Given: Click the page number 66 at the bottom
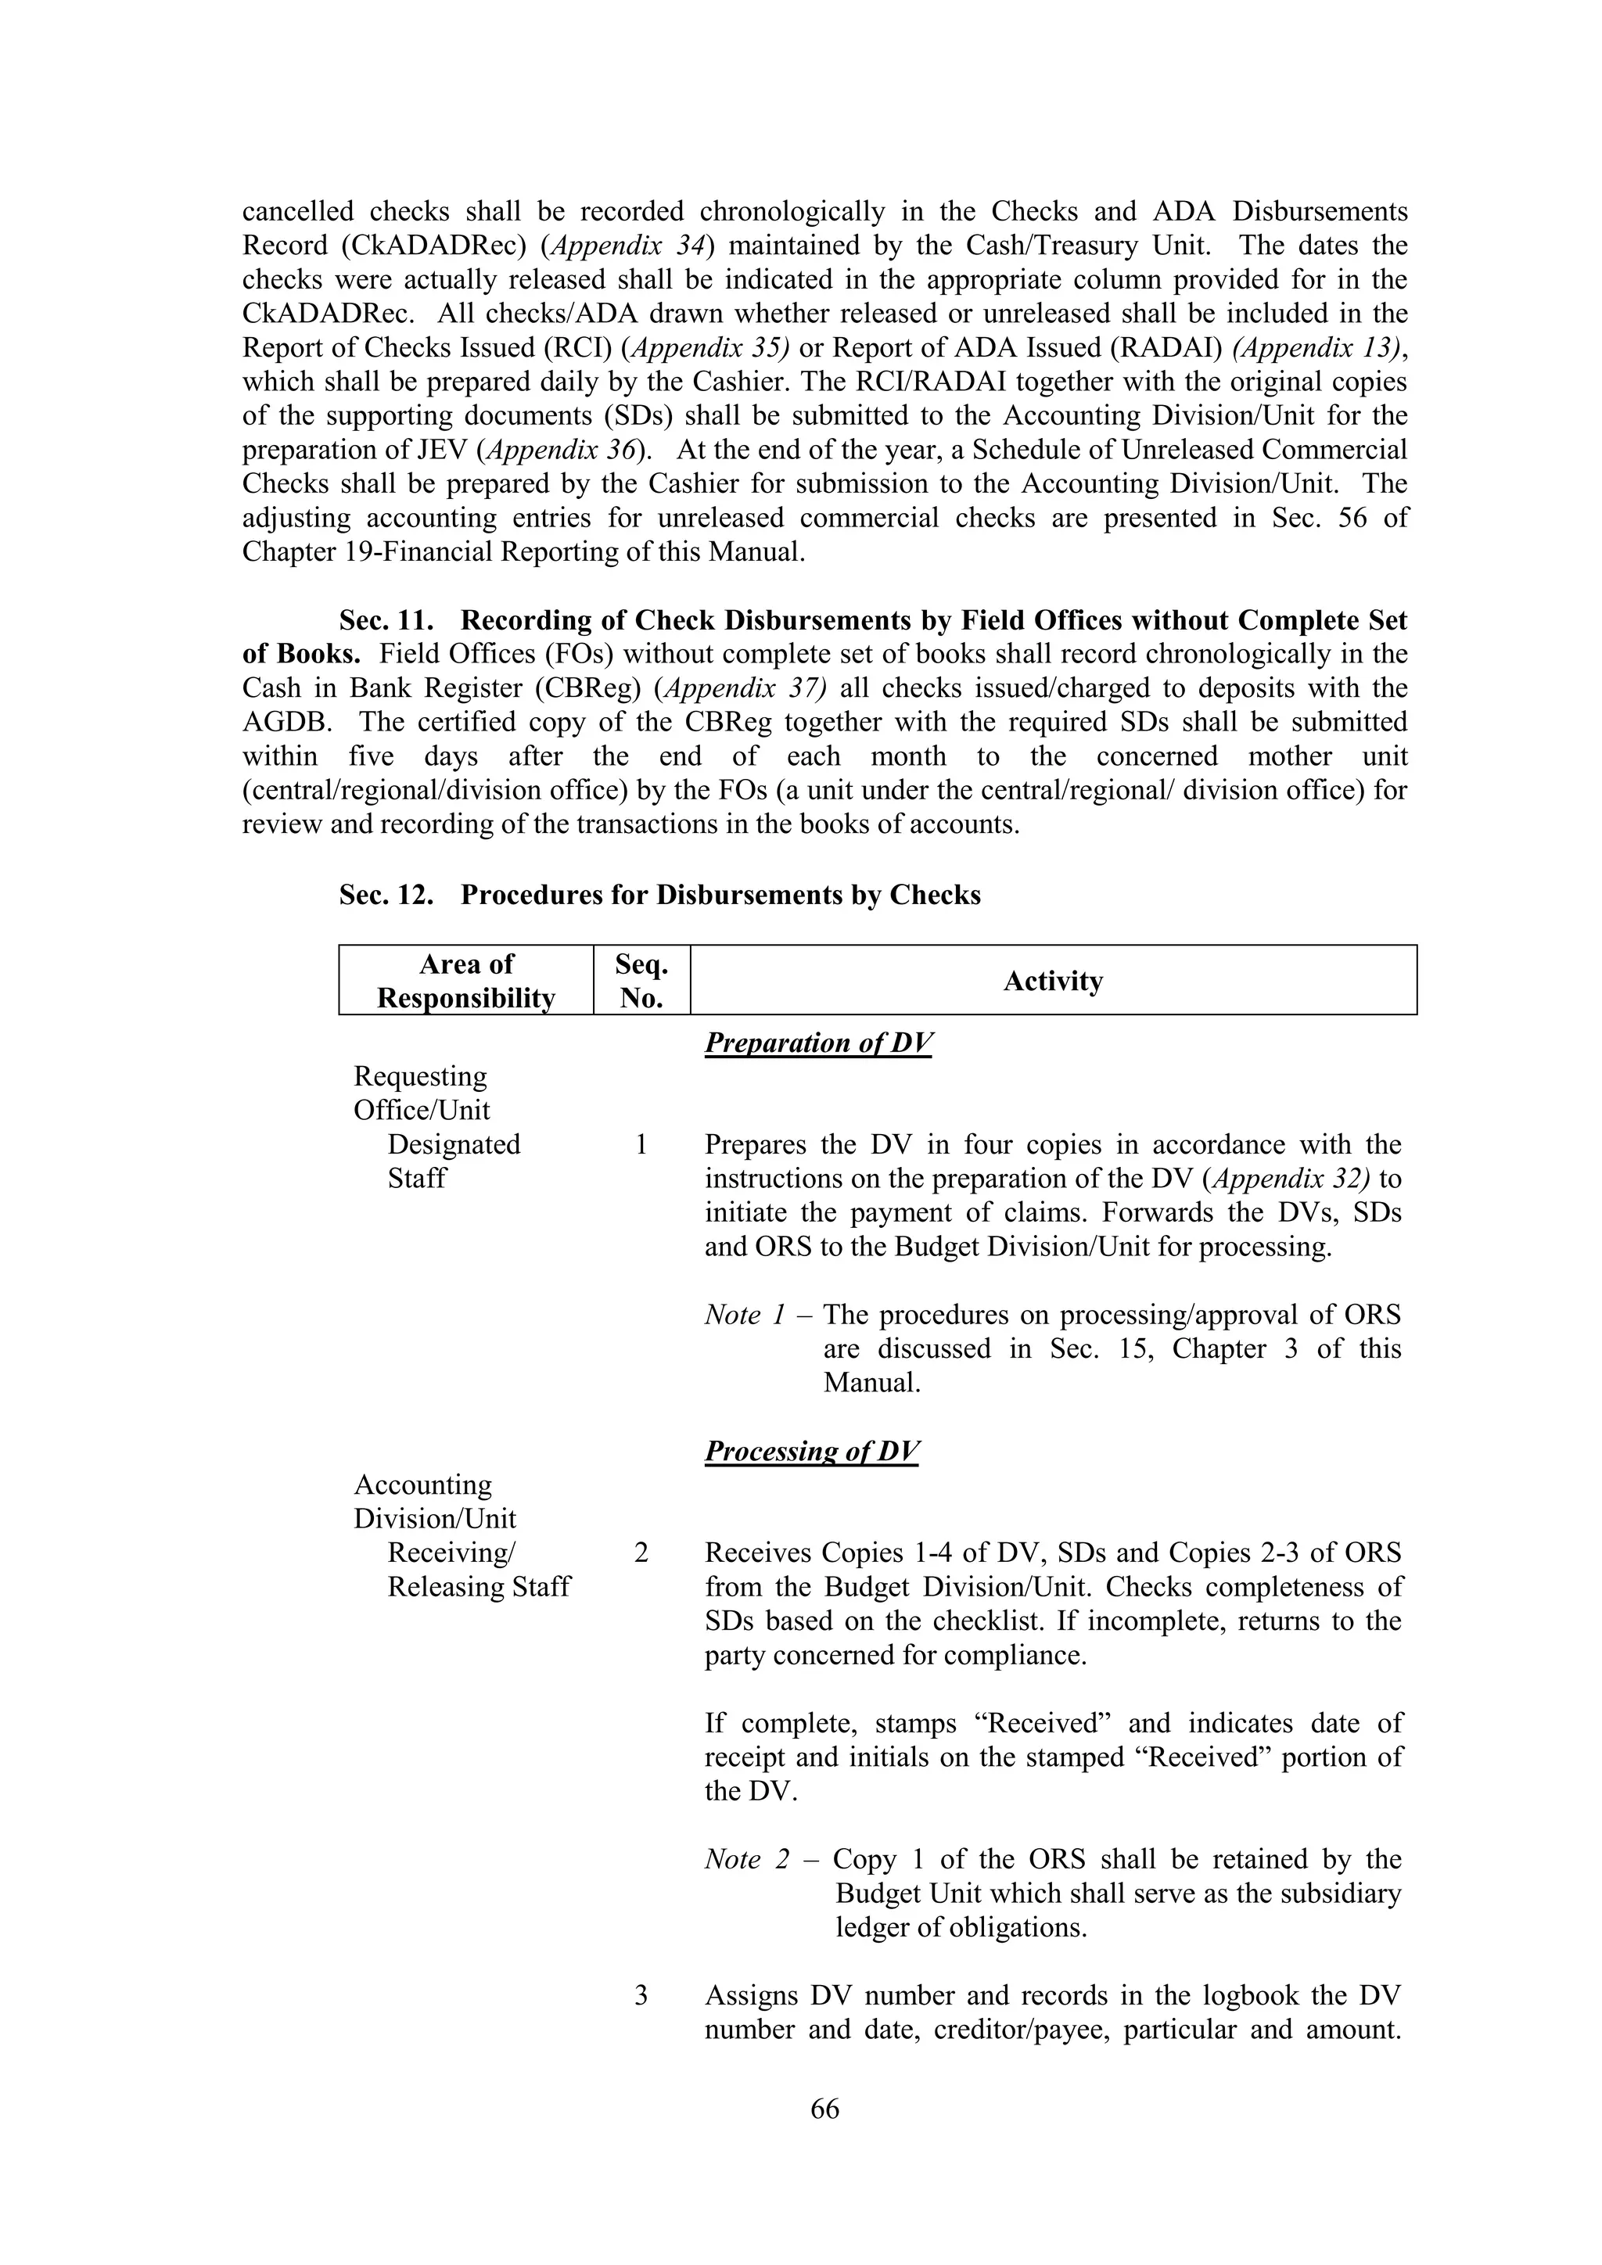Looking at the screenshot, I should click(824, 2108).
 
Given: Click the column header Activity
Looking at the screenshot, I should click(1053, 981).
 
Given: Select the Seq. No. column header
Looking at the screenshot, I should click(641, 981).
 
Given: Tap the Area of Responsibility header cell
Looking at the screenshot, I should click(465, 981).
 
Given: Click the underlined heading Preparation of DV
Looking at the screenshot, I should click(817, 1043).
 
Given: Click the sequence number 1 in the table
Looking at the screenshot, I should click(641, 1144).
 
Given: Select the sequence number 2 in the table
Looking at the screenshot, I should click(641, 1552).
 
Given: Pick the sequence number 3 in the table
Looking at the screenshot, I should click(641, 1996).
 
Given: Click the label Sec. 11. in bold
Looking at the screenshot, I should click(386, 620).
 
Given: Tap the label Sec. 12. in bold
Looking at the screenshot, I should click(386, 895).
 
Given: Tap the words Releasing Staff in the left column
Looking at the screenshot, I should click(479, 1586).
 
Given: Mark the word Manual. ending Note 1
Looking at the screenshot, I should click(872, 1383).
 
